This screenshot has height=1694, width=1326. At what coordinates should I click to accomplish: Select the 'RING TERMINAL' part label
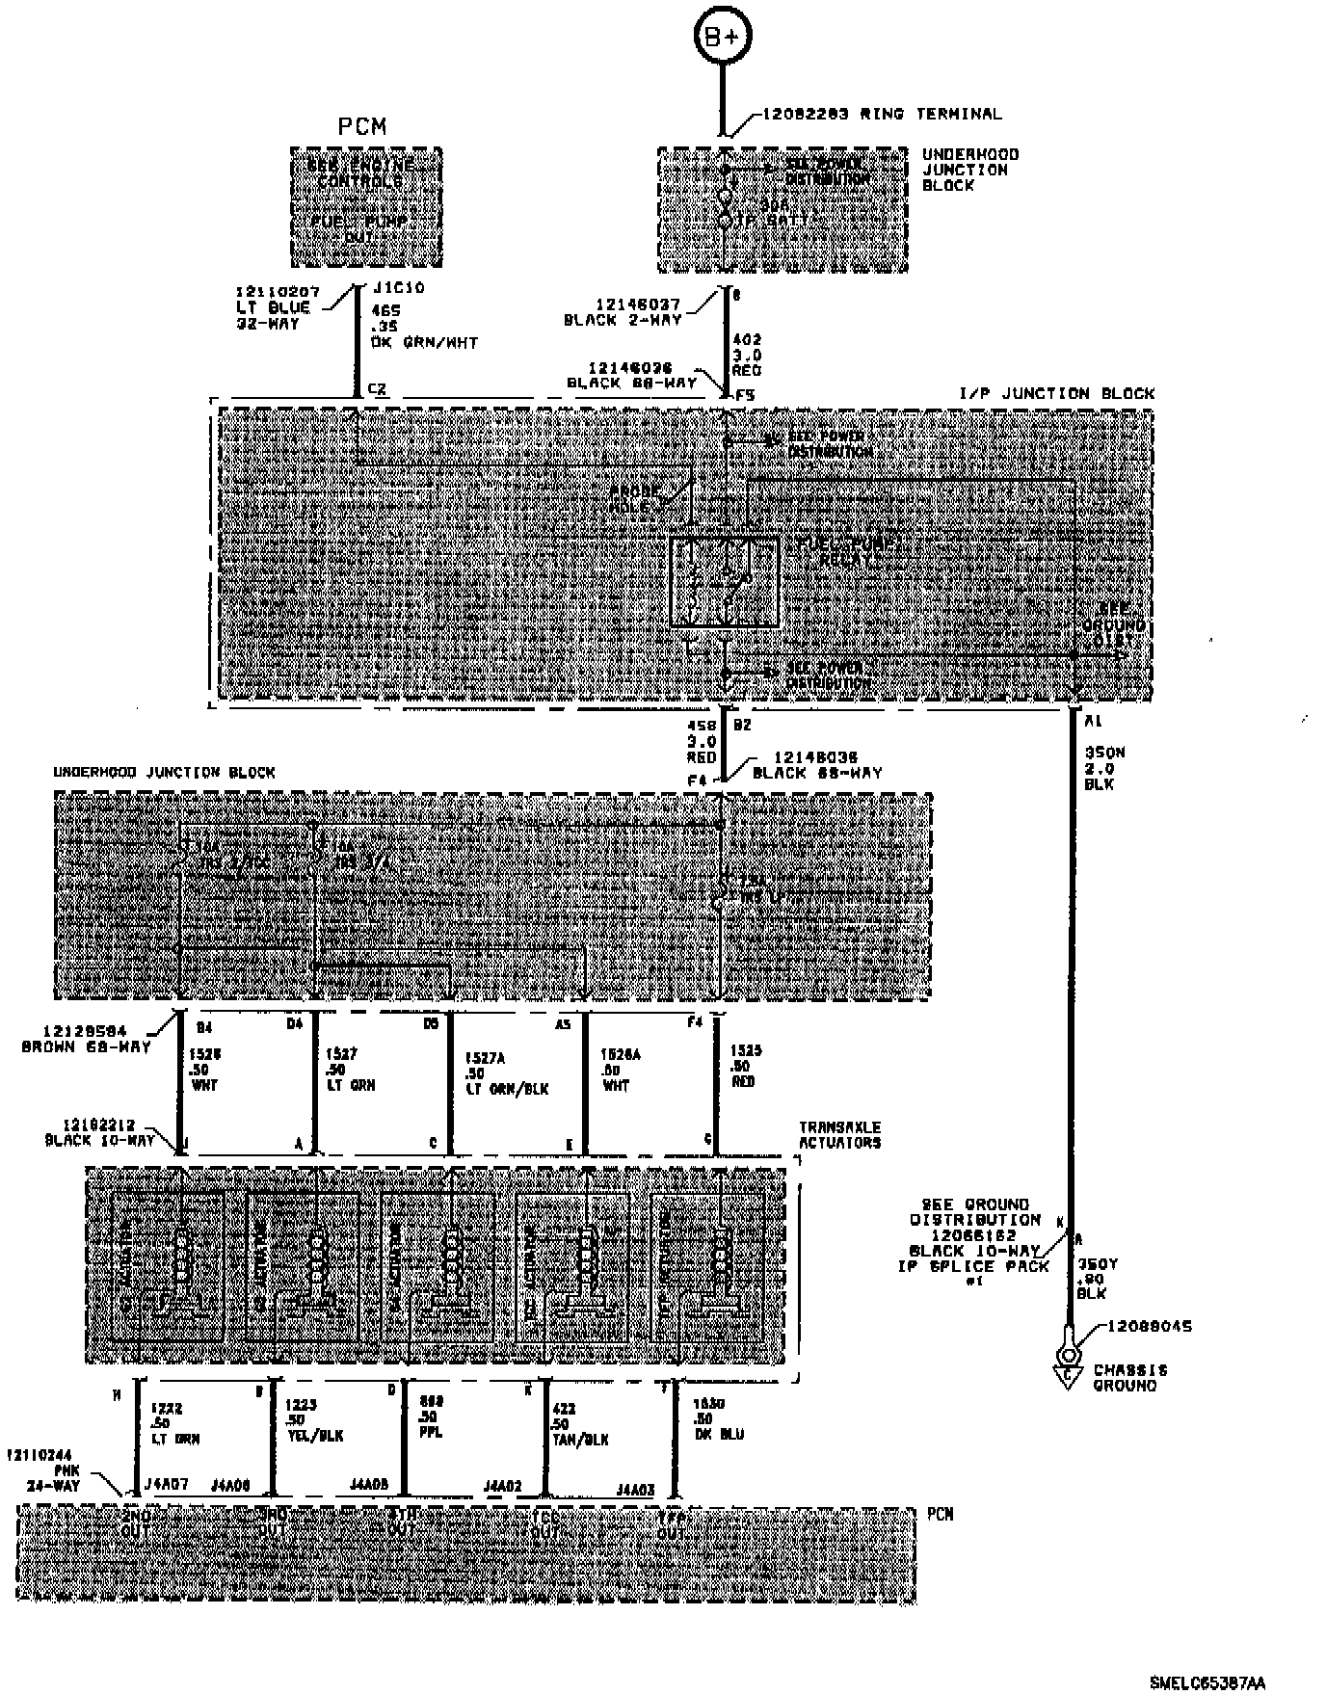point(930,114)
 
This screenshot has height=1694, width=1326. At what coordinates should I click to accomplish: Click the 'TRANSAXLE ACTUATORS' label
point(839,1135)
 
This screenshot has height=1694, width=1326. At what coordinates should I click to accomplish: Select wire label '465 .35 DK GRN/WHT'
point(423,326)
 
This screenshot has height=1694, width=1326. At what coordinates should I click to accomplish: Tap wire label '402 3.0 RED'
point(747,354)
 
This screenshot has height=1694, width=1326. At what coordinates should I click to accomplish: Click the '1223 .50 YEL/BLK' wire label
point(313,1420)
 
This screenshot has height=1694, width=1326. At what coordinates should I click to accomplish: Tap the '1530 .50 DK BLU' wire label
point(717,1419)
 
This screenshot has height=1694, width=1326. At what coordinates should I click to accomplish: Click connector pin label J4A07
point(165,1485)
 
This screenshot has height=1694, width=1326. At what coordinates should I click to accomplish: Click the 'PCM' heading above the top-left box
point(361,126)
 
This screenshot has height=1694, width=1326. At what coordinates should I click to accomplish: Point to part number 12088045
point(1149,1326)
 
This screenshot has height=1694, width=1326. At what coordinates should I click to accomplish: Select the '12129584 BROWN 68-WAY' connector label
point(86,1039)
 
